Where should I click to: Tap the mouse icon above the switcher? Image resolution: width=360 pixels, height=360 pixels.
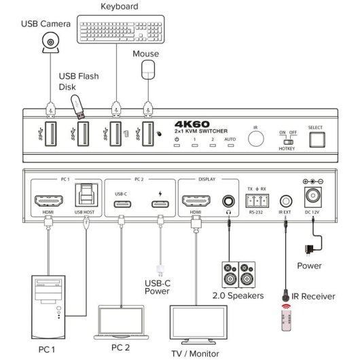pos(147,70)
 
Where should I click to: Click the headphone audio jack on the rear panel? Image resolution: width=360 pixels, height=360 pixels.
pos(230,201)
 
